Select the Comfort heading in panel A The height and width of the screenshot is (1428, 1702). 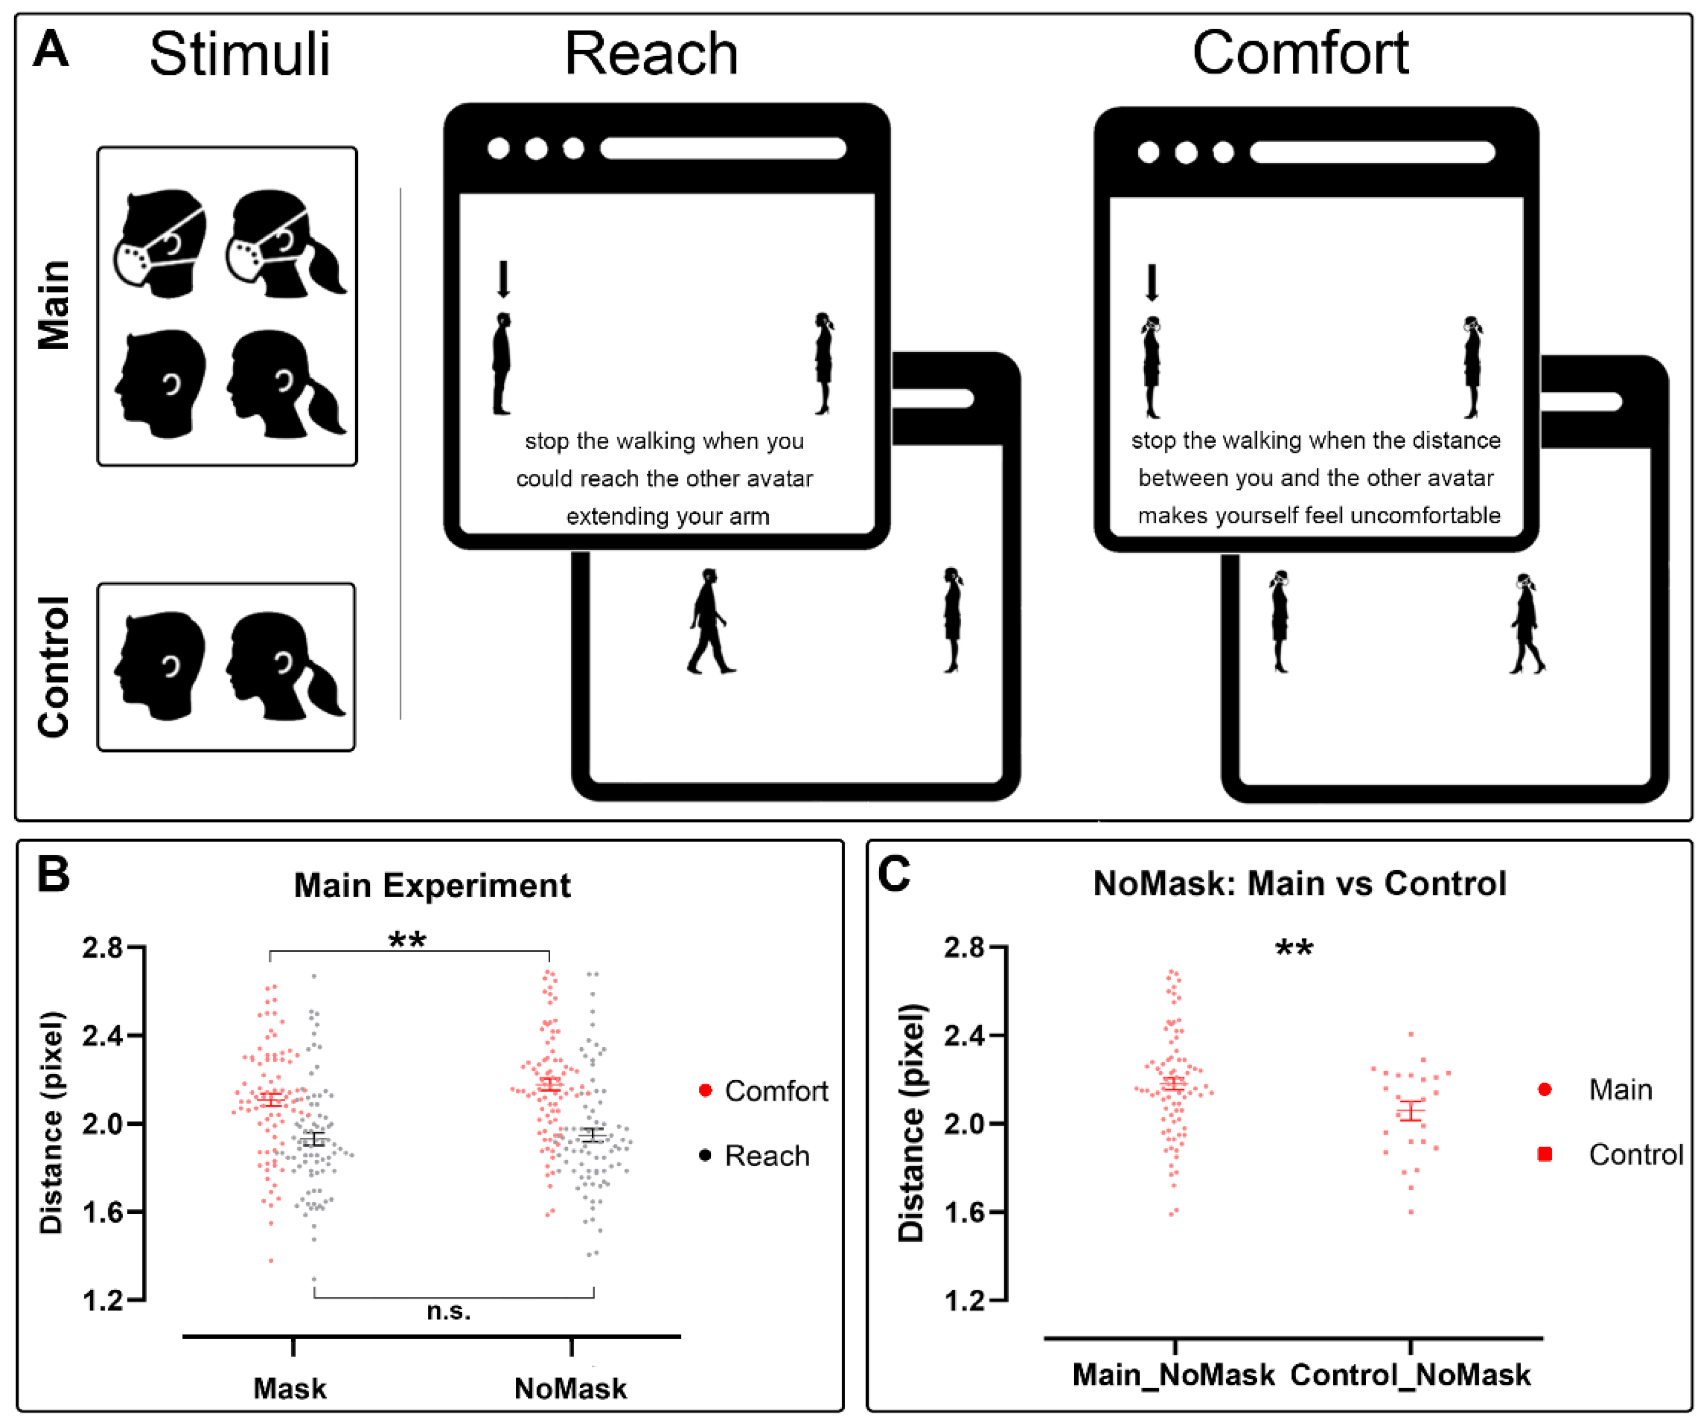pyautogui.click(x=1300, y=54)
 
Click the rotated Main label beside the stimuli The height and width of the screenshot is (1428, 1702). pyautogui.click(x=54, y=305)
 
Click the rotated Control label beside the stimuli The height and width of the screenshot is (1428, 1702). pyautogui.click(x=54, y=666)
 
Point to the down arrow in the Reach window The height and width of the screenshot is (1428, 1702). pyautogui.click(x=503, y=279)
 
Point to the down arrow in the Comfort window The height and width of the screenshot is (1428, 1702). pyautogui.click(x=1152, y=282)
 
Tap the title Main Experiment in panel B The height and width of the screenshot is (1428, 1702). pyautogui.click(x=432, y=885)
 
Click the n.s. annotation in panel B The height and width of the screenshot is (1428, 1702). pyautogui.click(x=448, y=1311)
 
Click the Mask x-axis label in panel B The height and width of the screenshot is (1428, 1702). pyautogui.click(x=290, y=1388)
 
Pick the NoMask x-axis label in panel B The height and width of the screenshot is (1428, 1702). pyautogui.click(x=570, y=1388)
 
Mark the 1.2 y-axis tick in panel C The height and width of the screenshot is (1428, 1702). pyautogui.click(x=964, y=1301)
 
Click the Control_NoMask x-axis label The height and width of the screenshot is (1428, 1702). pyautogui.click(x=1410, y=1374)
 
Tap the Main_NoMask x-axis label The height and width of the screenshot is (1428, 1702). pyautogui.click(x=1174, y=1374)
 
